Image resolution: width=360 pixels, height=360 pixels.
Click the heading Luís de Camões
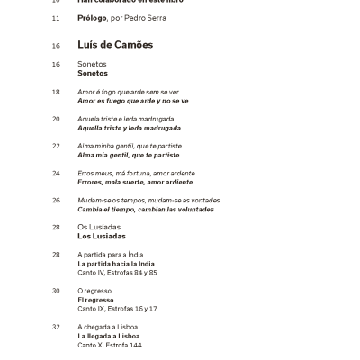pos(115,45)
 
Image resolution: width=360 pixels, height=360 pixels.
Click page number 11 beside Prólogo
pos(56,18)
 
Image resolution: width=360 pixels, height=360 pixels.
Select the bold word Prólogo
pos(92,18)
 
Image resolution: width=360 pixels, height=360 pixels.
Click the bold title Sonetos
pos(93,74)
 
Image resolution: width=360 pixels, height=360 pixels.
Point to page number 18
pos(56,92)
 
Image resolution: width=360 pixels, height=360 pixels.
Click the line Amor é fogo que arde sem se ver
pos(128,92)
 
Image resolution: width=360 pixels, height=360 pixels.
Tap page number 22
pos(56,146)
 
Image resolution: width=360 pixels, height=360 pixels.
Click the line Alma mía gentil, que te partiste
pos(129,155)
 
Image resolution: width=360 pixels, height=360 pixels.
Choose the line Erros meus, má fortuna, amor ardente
pos(135,173)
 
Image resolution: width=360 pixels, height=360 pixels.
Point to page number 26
pos(56,200)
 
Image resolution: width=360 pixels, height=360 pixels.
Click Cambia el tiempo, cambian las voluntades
pos(146,209)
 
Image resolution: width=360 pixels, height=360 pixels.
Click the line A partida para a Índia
pos(111,255)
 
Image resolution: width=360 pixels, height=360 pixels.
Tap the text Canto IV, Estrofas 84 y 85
pos(117,273)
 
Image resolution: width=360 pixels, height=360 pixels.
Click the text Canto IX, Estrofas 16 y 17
pos(117,309)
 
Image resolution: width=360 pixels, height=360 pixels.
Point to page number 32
pos(56,327)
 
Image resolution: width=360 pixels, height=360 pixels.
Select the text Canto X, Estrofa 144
pos(109,345)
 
